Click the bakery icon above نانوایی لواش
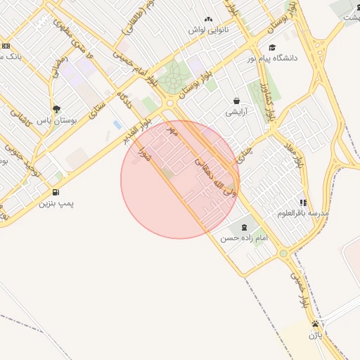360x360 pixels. (208, 20)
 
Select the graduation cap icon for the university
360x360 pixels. (272, 47)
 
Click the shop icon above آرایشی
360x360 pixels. (236, 101)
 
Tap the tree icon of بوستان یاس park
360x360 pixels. (56, 109)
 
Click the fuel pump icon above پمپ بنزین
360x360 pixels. (56, 193)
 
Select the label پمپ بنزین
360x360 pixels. (56, 204)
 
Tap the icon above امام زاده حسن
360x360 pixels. (244, 227)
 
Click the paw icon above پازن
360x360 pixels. (315, 324)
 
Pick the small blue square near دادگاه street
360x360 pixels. (116, 124)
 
